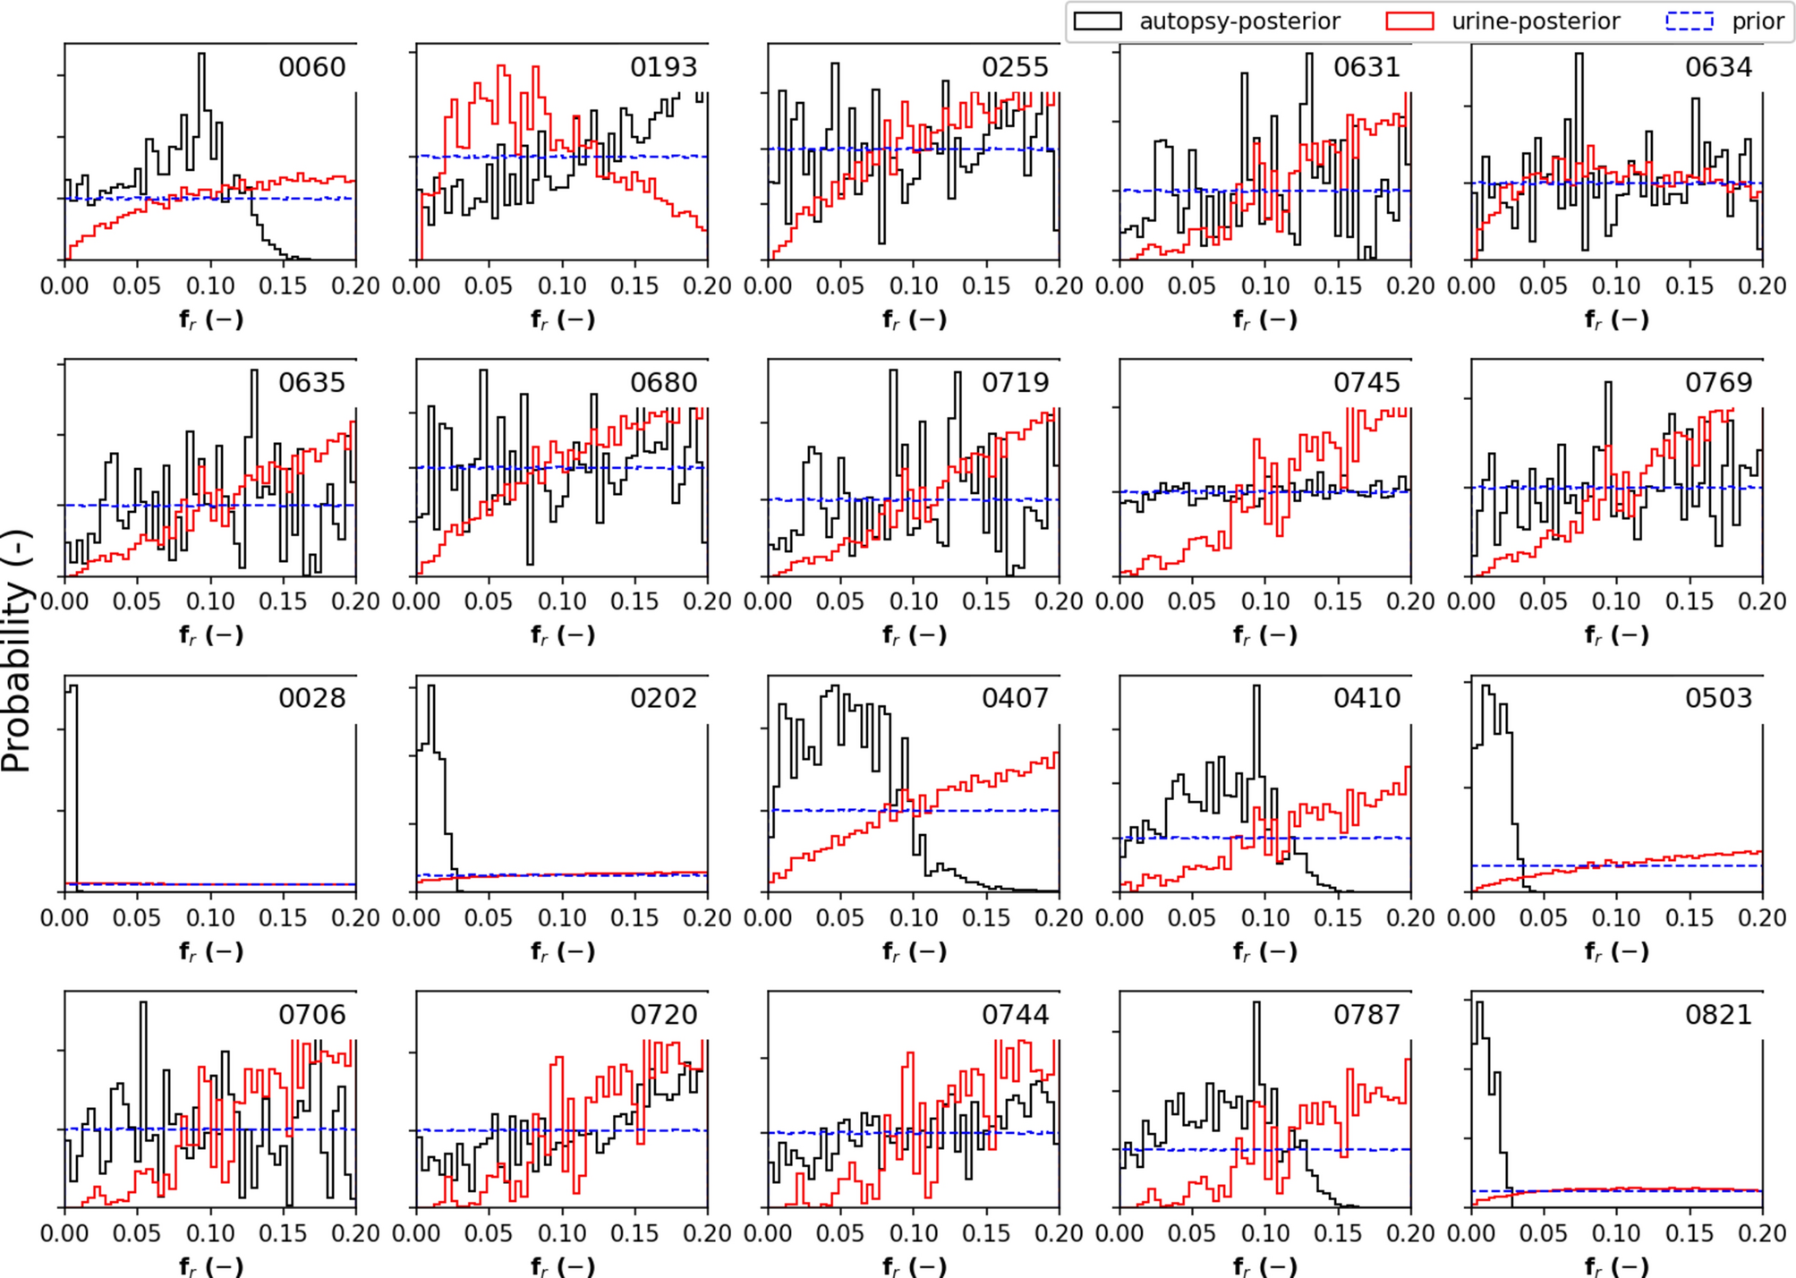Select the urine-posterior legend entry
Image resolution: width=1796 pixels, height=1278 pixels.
point(1503,21)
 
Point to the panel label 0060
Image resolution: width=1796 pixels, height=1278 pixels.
point(311,68)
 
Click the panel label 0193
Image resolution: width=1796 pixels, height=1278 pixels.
point(663,68)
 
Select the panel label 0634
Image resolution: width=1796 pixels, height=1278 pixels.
point(1718,68)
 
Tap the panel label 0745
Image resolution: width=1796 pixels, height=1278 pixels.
point(1366,383)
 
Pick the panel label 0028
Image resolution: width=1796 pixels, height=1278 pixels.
point(311,698)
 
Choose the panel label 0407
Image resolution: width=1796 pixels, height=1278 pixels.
point(1015,698)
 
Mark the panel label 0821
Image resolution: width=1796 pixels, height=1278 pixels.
point(1718,1015)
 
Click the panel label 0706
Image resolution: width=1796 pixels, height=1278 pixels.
point(311,1015)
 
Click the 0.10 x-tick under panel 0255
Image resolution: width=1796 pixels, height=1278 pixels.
point(914,286)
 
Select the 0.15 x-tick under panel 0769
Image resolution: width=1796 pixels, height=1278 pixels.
point(1690,601)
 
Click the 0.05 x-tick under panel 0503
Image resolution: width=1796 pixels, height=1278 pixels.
point(1544,918)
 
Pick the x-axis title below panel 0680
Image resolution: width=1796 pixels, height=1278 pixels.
point(562,636)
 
